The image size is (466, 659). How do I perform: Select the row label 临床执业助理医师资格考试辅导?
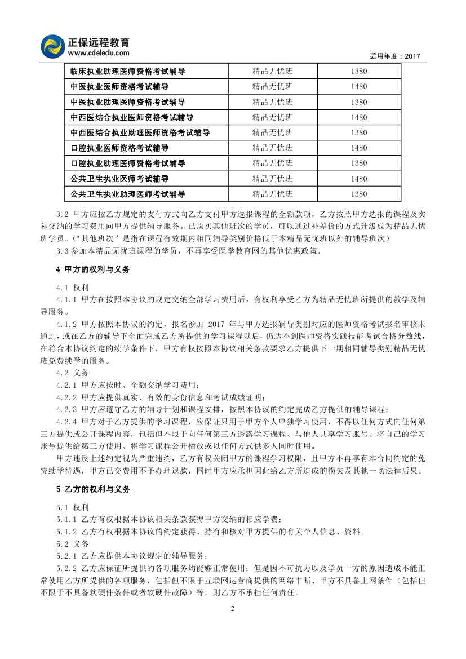point(128,72)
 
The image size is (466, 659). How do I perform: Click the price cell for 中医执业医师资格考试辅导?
point(358,87)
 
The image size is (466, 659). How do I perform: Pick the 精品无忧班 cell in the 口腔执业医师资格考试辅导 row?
point(273,148)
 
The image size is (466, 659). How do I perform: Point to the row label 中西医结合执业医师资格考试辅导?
point(132,117)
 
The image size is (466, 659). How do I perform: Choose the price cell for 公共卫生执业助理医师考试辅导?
point(358,194)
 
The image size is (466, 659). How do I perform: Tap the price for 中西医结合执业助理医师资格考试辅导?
point(358,132)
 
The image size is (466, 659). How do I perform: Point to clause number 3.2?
point(65,215)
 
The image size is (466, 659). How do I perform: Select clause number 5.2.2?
point(69,567)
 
